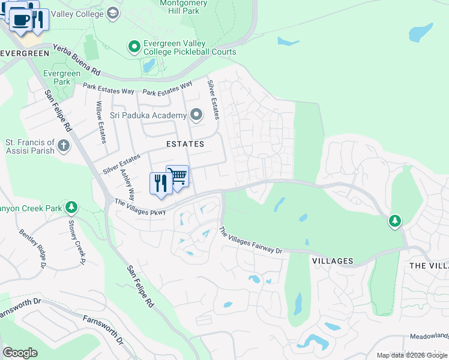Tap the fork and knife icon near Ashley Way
(160, 183)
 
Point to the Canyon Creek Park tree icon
(71, 207)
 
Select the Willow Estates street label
(101, 122)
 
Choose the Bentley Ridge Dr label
(32, 248)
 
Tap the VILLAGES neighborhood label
(332, 261)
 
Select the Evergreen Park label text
(62, 77)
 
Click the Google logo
(20, 353)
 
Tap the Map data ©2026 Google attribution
(411, 355)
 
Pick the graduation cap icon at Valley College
(112, 13)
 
